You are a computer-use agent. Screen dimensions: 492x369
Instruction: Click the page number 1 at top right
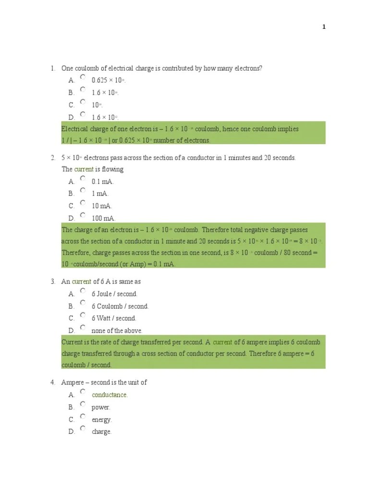coord(324,27)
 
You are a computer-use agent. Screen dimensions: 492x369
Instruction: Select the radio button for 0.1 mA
coord(83,178)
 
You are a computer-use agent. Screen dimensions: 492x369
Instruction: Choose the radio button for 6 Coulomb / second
coord(83,303)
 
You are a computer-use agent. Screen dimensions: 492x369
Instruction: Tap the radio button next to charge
coord(83,428)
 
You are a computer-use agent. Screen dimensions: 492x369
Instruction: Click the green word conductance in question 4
coord(110,395)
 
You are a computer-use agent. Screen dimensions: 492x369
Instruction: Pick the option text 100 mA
coord(103,219)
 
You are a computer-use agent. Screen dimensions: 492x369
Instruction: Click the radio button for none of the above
coord(83,327)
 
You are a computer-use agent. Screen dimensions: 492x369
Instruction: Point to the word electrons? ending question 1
coord(247,69)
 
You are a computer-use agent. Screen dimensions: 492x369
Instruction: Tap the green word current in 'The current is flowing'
coord(84,169)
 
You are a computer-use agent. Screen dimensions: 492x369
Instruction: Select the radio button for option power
coord(83,404)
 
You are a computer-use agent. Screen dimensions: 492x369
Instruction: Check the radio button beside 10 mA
coord(83,203)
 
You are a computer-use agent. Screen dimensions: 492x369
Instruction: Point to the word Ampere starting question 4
coord(72,382)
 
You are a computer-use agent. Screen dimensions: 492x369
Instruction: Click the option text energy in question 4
coord(101,420)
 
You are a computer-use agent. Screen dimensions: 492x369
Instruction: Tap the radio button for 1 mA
coord(83,190)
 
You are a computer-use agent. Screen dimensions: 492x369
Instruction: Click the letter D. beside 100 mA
coord(72,219)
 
